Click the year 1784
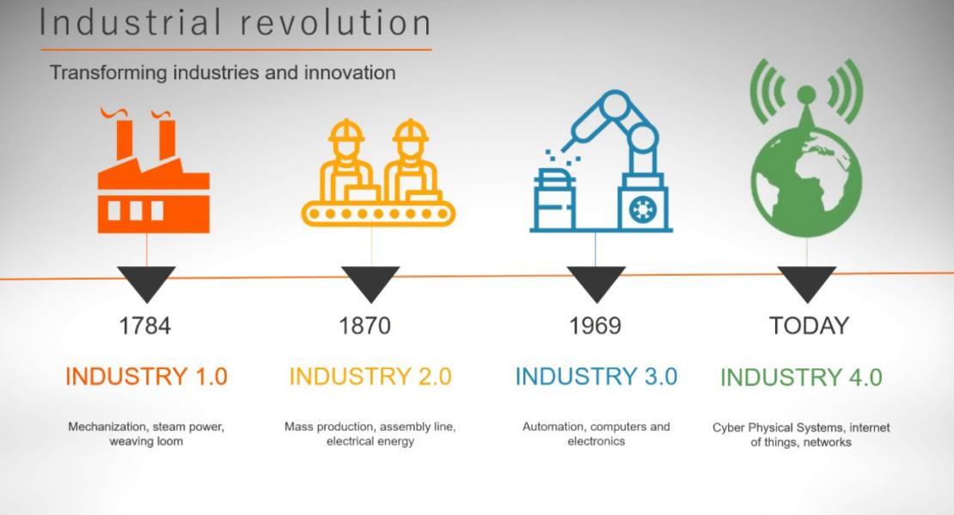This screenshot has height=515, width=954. point(144,325)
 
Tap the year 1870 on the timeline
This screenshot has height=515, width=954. point(364,325)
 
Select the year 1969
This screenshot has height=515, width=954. point(595,325)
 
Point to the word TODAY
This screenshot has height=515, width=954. point(809,325)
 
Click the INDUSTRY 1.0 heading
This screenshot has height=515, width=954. point(146,377)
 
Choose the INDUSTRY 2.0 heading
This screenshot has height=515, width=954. point(370,377)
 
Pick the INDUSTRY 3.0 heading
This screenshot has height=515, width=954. point(596,377)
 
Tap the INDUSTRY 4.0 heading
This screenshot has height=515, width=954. point(801,377)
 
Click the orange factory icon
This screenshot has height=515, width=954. point(153,176)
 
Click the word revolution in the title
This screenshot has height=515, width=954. point(335,23)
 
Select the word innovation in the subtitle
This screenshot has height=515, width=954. point(350,73)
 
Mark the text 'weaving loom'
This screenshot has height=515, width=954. point(146,441)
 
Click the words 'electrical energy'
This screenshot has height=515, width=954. point(370,441)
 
